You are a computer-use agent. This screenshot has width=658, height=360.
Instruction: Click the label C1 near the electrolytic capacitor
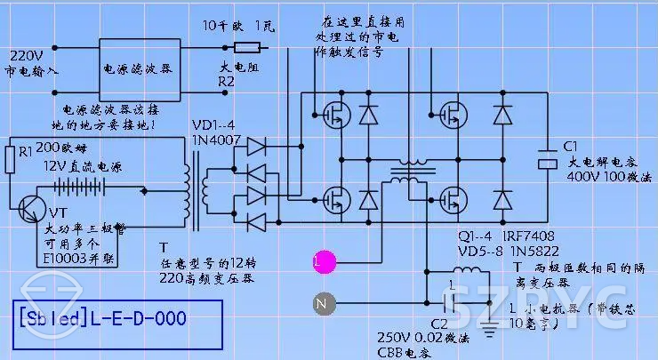pyautogui.click(x=571, y=146)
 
